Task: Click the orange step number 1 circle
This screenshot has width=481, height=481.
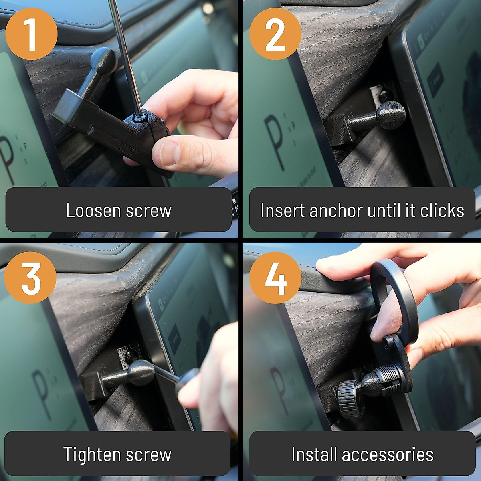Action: click(x=31, y=34)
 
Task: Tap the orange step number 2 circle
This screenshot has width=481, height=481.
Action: click(x=275, y=34)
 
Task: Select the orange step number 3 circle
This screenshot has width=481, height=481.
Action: click(x=30, y=278)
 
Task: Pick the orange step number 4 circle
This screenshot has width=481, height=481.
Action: click(x=275, y=278)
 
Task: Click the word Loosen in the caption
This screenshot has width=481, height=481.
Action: click(x=93, y=210)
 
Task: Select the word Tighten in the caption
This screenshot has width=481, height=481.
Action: click(x=88, y=454)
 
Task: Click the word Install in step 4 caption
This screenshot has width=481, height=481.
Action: click(x=314, y=454)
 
